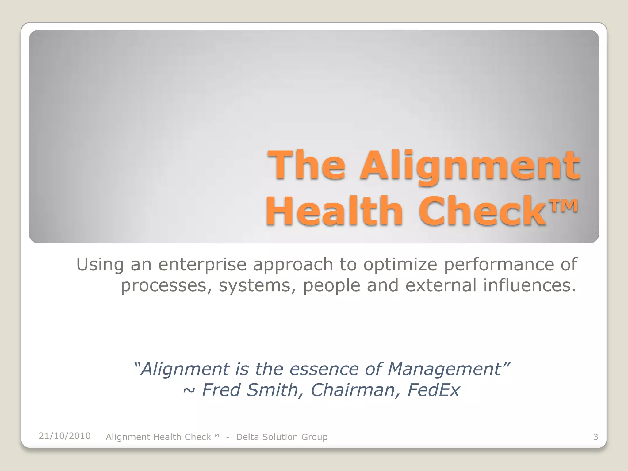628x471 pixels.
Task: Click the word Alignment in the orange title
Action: point(470,167)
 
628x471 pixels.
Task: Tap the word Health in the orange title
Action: point(334,212)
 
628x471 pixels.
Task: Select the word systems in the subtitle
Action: point(257,286)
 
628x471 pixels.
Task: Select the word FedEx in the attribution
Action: point(433,390)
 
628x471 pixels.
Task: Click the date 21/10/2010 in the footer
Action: point(65,436)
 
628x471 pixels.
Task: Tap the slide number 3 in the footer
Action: point(595,437)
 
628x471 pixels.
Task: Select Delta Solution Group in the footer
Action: point(282,437)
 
